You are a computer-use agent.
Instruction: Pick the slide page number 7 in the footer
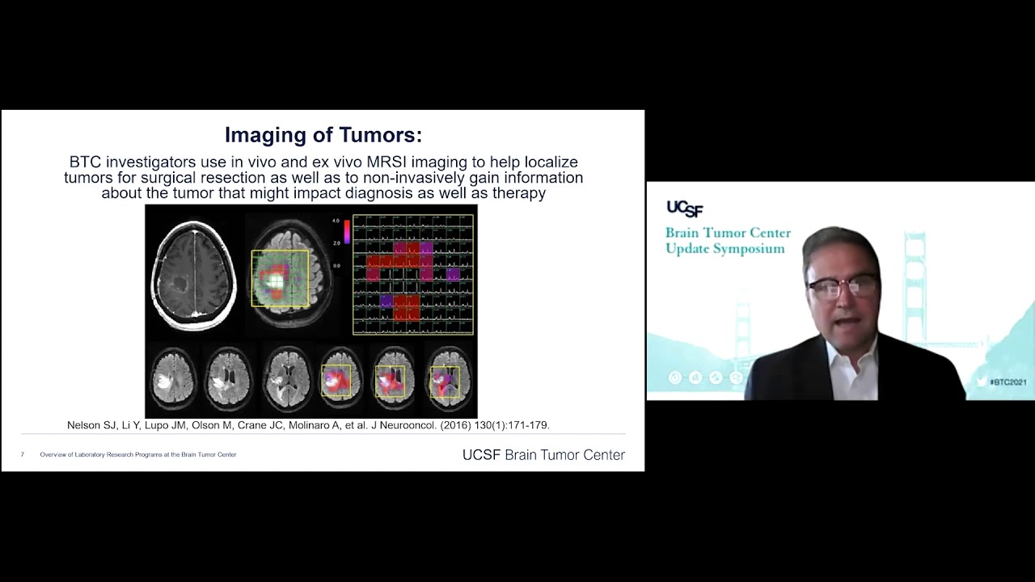(23, 455)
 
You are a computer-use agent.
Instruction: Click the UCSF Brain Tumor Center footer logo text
(543, 455)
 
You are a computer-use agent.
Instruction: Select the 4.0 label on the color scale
(336, 221)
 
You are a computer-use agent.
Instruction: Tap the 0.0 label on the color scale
(336, 265)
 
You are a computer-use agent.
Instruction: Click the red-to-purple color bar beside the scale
(347, 232)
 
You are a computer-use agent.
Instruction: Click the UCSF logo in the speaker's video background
(684, 209)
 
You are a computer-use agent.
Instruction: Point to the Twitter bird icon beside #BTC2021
(982, 382)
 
